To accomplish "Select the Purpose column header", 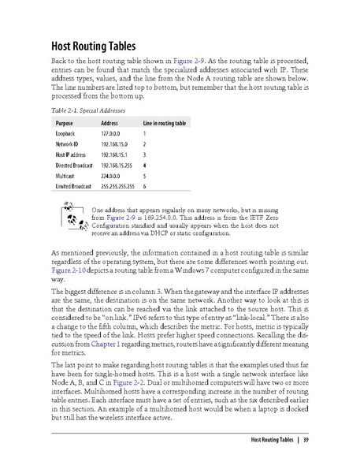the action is [65, 125].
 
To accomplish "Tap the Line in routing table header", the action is [164, 125].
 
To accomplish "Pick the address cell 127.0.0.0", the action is [115, 136].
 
